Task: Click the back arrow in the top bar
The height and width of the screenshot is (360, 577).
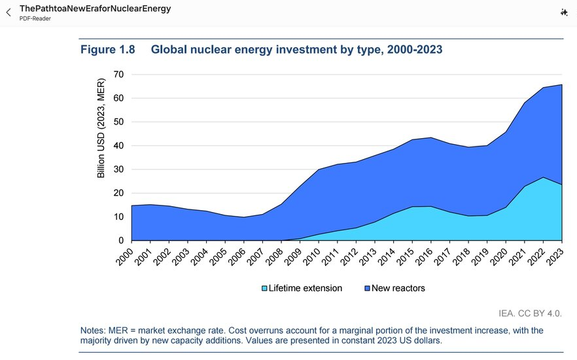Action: click(x=8, y=12)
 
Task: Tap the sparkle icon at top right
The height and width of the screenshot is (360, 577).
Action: click(x=564, y=12)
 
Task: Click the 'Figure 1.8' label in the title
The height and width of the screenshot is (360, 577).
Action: click(x=107, y=50)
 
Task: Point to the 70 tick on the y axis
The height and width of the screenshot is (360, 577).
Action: click(x=118, y=75)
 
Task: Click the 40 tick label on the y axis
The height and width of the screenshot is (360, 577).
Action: click(x=118, y=146)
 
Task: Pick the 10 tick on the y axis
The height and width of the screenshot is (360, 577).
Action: click(x=118, y=217)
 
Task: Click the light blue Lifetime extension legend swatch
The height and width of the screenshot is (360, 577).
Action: click(x=264, y=288)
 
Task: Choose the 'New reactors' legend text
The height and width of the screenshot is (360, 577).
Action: click(x=398, y=288)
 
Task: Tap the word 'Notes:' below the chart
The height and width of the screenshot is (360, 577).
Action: click(x=93, y=331)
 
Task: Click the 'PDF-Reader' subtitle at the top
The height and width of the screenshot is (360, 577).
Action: click(x=35, y=18)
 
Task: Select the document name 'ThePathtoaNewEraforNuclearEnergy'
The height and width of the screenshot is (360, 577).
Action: click(x=95, y=9)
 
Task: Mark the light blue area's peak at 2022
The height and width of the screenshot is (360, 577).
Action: click(x=543, y=178)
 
